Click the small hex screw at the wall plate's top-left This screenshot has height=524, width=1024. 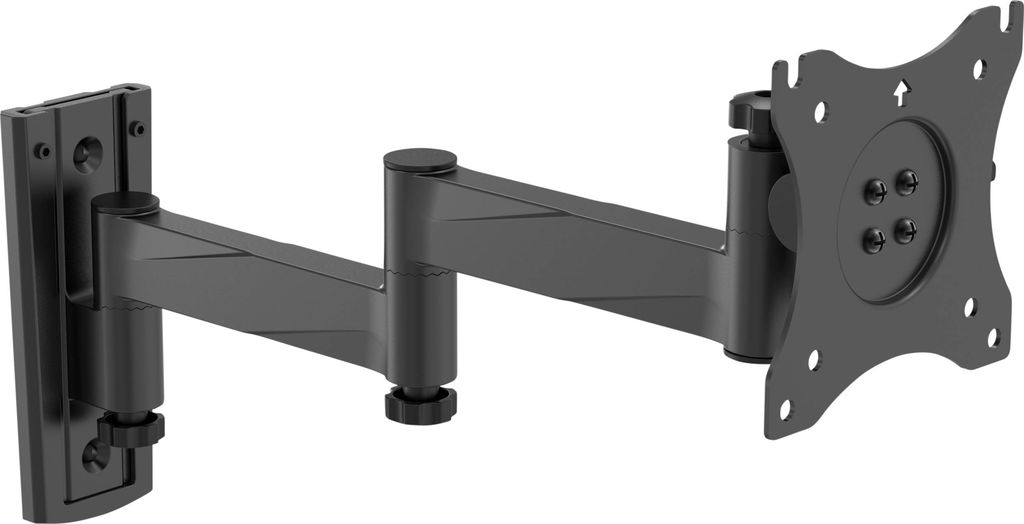(x=45, y=150)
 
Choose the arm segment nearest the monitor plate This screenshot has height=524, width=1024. (x=578, y=231)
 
